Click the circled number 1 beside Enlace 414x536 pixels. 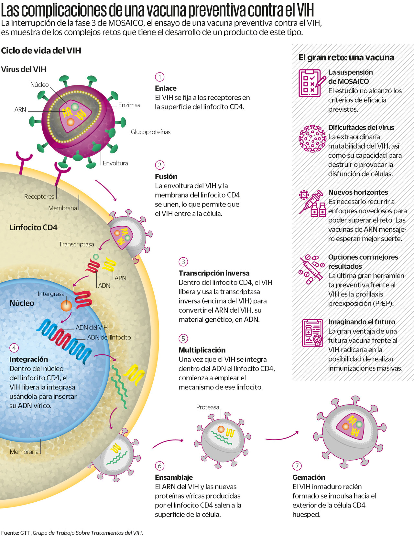159,77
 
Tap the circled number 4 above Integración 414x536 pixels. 14,348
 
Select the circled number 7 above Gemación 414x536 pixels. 297,466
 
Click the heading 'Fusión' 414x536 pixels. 166,176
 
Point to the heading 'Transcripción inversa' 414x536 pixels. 214,273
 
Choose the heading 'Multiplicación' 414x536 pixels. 202,350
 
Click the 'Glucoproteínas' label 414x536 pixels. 150,132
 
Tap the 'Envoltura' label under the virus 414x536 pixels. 115,163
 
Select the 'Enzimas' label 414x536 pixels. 129,105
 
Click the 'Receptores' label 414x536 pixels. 39,196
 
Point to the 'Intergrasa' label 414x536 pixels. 51,294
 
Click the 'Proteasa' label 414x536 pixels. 208,407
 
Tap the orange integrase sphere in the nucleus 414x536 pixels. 66,306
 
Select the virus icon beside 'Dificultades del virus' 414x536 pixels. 312,139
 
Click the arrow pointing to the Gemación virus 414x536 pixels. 282,437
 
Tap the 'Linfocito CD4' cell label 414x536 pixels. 33,228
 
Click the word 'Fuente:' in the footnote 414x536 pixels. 10,533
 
